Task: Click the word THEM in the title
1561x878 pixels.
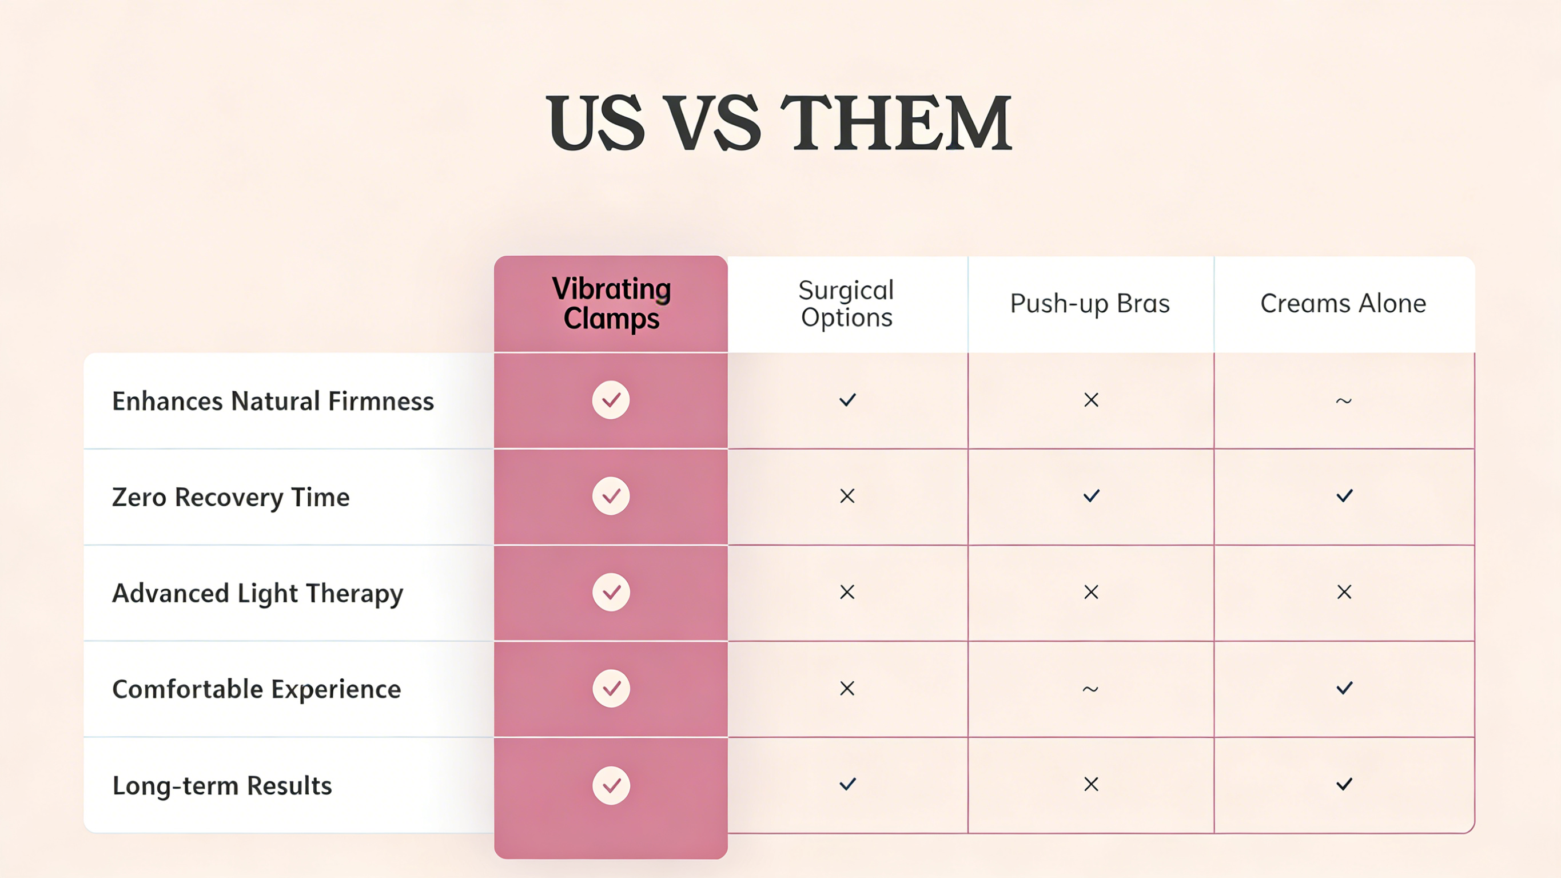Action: click(x=896, y=123)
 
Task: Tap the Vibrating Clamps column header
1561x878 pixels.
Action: click(x=611, y=303)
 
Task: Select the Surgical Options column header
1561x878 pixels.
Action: click(x=847, y=304)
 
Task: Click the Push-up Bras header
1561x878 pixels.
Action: click(x=1090, y=304)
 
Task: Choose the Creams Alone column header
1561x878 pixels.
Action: click(x=1344, y=303)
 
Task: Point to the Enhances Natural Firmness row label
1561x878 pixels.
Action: click(x=273, y=401)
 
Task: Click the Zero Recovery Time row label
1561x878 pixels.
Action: click(x=231, y=497)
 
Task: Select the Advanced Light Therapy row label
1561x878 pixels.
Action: click(x=257, y=593)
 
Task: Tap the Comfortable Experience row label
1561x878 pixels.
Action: click(x=257, y=689)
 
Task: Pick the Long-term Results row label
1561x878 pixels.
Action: click(x=222, y=785)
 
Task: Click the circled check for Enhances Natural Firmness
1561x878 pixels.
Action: click(x=611, y=400)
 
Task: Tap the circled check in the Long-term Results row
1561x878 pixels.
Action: click(x=611, y=785)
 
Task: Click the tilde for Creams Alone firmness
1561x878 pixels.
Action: click(x=1344, y=401)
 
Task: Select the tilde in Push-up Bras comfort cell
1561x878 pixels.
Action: click(x=1090, y=689)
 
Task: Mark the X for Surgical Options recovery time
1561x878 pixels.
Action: click(x=847, y=496)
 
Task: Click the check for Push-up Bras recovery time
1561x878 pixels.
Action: click(x=1092, y=496)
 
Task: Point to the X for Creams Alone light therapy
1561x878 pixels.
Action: click(x=1344, y=592)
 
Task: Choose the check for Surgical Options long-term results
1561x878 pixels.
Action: click(x=848, y=784)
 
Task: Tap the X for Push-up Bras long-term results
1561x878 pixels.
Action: click(x=1092, y=784)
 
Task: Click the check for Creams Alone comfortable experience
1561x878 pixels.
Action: click(x=1344, y=688)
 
